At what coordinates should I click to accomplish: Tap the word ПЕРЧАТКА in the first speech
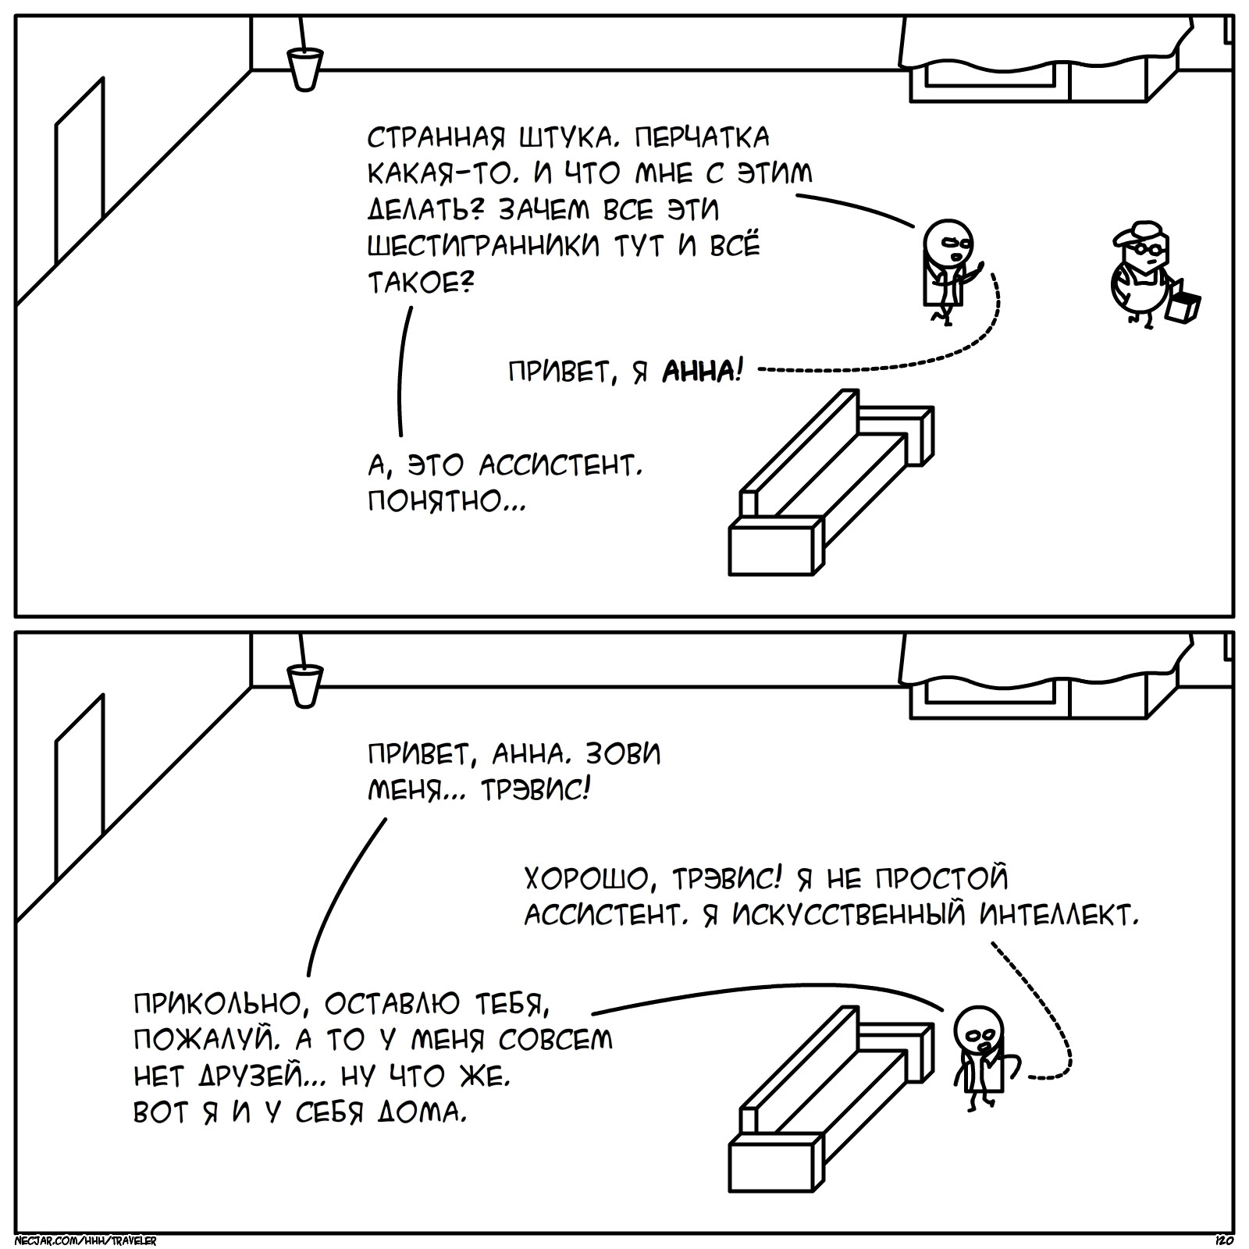(x=701, y=138)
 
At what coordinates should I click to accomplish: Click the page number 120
(x=1223, y=1240)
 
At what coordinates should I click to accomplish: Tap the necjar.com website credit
(x=86, y=1240)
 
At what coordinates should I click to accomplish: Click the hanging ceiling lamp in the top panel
(x=304, y=67)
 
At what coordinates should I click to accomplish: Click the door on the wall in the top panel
(x=79, y=172)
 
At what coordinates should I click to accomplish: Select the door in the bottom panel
(x=79, y=788)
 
